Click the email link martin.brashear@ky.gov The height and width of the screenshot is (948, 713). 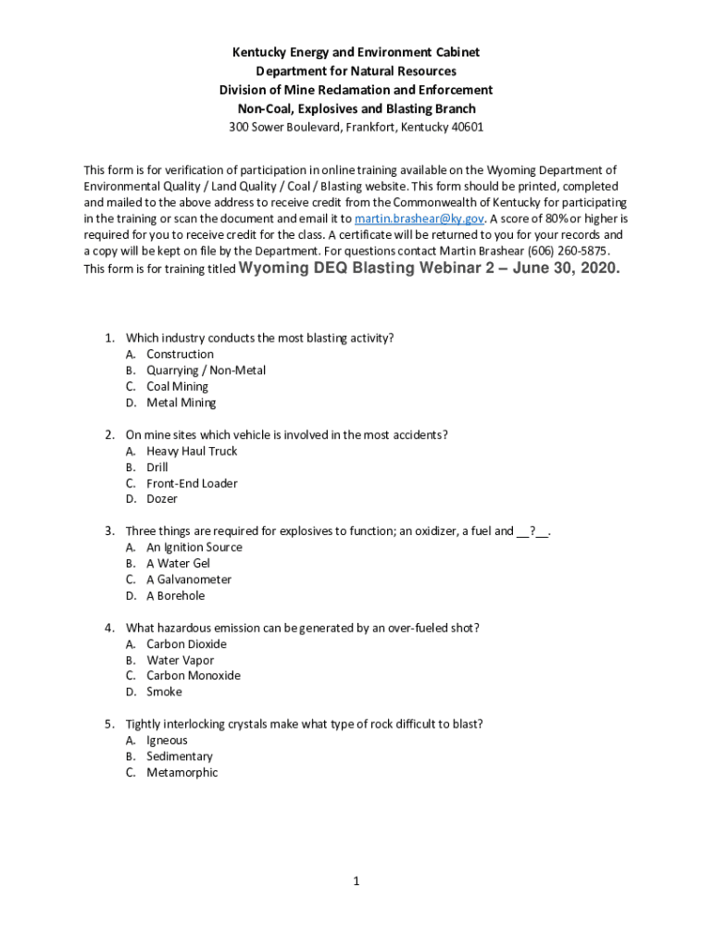419,218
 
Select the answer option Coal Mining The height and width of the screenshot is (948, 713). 177,386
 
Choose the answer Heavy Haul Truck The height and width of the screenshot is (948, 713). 192,451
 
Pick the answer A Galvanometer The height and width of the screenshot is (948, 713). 189,580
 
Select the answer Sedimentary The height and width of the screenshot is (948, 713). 179,756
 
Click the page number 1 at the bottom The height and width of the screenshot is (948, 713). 356,881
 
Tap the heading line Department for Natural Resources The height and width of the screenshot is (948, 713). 356,71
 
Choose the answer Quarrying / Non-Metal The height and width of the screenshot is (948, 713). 206,370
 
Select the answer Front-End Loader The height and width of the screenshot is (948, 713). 192,483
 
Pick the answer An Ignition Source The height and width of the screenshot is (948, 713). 194,547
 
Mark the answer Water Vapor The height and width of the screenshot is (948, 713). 180,660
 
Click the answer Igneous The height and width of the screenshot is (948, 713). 167,741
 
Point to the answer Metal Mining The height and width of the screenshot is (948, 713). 181,403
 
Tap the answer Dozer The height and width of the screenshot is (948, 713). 162,499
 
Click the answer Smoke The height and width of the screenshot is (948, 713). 164,692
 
